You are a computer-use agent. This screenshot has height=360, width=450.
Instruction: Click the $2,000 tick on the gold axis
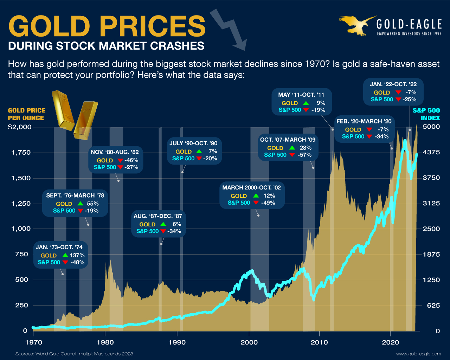(20, 127)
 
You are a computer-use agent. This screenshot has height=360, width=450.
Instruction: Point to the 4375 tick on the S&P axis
(431, 153)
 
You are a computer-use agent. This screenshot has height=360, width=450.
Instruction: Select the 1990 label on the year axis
(177, 342)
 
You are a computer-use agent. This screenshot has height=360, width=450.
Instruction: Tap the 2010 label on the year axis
(320, 342)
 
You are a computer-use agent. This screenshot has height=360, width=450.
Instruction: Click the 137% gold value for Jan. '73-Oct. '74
(77, 256)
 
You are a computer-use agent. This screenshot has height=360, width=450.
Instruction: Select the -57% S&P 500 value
(304, 155)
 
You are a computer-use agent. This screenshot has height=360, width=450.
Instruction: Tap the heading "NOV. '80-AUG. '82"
(115, 152)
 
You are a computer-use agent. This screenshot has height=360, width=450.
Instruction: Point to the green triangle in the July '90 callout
(199, 152)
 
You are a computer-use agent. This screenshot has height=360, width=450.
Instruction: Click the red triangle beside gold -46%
(120, 160)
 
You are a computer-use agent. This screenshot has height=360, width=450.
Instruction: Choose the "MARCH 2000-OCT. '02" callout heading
(251, 188)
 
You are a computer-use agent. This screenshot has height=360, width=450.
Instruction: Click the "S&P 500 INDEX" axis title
(426, 114)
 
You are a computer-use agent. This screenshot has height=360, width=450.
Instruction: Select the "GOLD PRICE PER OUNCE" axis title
(26, 114)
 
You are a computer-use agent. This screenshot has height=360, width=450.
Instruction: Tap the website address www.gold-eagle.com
(418, 354)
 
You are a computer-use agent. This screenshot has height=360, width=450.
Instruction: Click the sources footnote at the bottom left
(74, 354)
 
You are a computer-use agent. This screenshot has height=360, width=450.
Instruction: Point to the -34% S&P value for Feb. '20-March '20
(381, 136)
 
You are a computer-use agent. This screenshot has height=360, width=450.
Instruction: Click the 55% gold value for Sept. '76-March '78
(93, 204)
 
